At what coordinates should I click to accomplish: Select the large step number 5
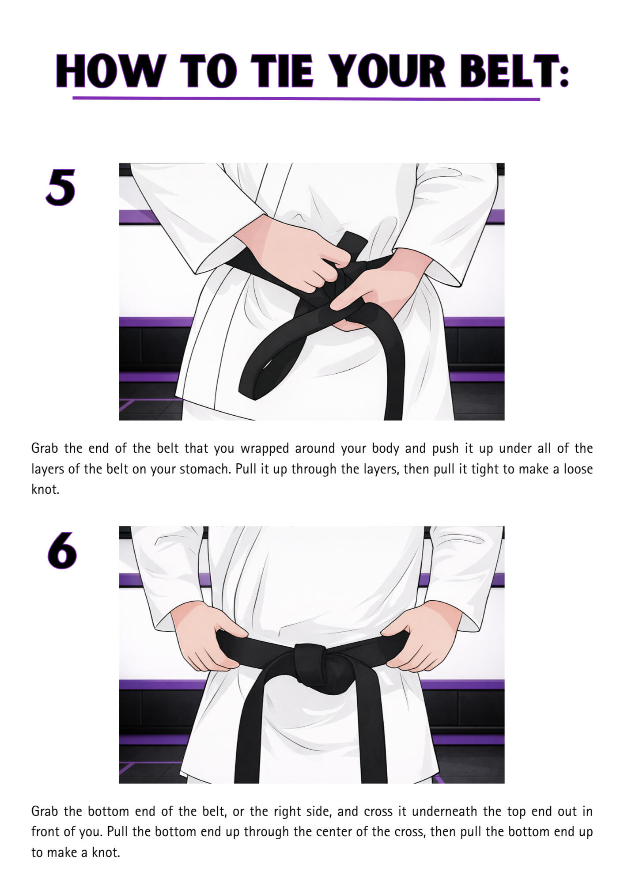point(61,187)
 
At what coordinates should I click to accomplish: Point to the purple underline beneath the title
point(306,99)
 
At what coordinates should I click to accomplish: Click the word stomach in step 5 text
point(204,469)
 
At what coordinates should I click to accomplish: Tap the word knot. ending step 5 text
point(45,489)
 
